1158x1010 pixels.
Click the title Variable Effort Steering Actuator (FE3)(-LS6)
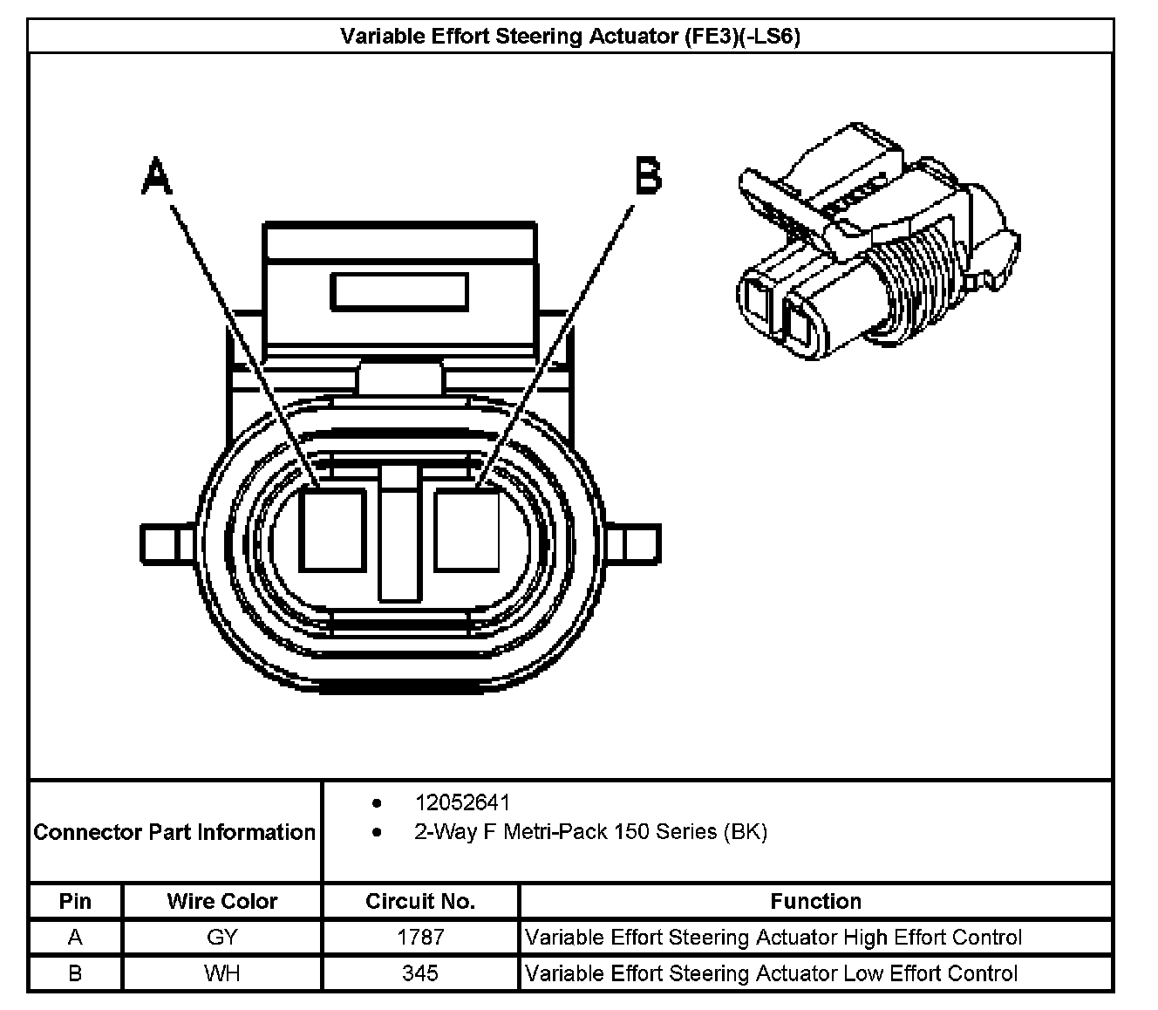pyautogui.click(x=570, y=37)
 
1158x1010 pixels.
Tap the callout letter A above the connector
pyautogui.click(x=157, y=177)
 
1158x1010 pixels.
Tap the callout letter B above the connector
pyautogui.click(x=648, y=176)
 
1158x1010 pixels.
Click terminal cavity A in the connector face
pyautogui.click(x=333, y=529)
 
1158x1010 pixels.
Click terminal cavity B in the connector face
pyautogui.click(x=467, y=529)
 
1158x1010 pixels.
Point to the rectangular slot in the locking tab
pyautogui.click(x=399, y=291)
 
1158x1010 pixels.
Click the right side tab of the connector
pyautogui.click(x=634, y=543)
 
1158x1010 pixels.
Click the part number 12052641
pyautogui.click(x=462, y=802)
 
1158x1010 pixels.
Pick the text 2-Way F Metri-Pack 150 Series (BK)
pyautogui.click(x=590, y=832)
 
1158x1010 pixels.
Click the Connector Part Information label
pyautogui.click(x=174, y=832)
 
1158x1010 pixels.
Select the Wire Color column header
pyautogui.click(x=222, y=901)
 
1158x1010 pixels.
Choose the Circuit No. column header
pyautogui.click(x=420, y=901)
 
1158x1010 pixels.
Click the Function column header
pyautogui.click(x=815, y=901)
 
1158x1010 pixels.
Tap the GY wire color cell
pyautogui.click(x=222, y=938)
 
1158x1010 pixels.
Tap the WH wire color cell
pyautogui.click(x=222, y=973)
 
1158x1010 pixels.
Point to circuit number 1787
pyautogui.click(x=420, y=938)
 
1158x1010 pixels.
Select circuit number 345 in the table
pyautogui.click(x=420, y=973)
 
